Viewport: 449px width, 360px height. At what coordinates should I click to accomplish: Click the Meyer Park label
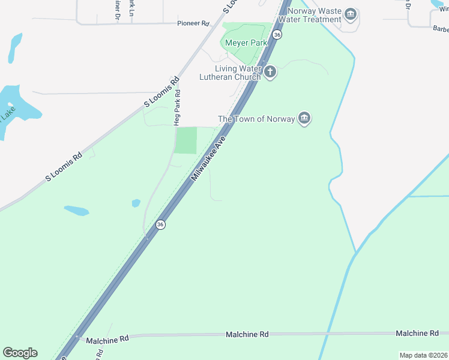(x=246, y=43)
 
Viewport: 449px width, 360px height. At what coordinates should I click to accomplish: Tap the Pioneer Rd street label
(x=193, y=23)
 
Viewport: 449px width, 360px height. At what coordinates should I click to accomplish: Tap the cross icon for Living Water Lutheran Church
(x=270, y=72)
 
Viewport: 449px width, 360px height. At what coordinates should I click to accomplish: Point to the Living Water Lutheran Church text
(x=231, y=73)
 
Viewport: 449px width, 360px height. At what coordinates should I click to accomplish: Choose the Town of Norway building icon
(x=304, y=118)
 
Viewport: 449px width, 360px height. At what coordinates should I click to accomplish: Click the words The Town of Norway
(x=256, y=119)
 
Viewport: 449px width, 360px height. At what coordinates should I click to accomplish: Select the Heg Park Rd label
(x=177, y=108)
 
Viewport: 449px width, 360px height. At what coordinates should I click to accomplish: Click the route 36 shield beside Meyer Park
(x=276, y=35)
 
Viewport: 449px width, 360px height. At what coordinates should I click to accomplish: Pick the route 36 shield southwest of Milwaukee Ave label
(x=160, y=224)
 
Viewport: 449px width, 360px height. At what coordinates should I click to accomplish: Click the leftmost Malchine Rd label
(x=107, y=339)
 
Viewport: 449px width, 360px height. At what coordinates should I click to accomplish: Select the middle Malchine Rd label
(x=247, y=334)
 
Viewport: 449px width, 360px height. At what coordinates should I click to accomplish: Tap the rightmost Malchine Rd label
(x=417, y=333)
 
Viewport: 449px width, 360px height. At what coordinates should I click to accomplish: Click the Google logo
(x=20, y=353)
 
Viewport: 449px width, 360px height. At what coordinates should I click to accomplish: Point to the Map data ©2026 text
(x=423, y=355)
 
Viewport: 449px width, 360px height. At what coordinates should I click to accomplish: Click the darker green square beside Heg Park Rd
(x=186, y=140)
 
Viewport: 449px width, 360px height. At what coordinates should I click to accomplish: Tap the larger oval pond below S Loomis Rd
(x=76, y=211)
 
